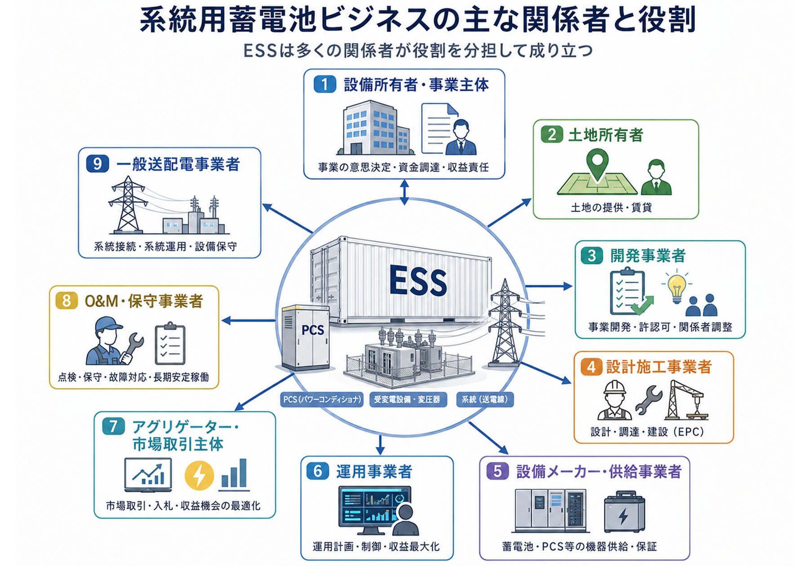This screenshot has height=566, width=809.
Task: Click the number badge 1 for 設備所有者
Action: tap(324, 84)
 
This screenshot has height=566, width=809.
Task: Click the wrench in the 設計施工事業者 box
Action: tap(649, 400)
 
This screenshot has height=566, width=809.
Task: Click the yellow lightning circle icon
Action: tap(199, 475)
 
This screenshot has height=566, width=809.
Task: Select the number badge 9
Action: tap(97, 164)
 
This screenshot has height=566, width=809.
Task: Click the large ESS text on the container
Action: tap(418, 281)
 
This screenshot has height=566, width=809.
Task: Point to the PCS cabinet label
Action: tap(313, 330)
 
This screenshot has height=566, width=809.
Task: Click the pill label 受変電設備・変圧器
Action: tap(408, 399)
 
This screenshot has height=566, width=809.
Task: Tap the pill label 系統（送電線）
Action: tap(485, 399)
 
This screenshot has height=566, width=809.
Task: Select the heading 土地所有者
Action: tap(605, 135)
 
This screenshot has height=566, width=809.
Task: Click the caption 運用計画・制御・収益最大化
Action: tap(376, 547)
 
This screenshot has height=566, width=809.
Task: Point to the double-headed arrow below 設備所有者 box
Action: tap(404, 192)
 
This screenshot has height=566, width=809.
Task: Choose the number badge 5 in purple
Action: tap(498, 471)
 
